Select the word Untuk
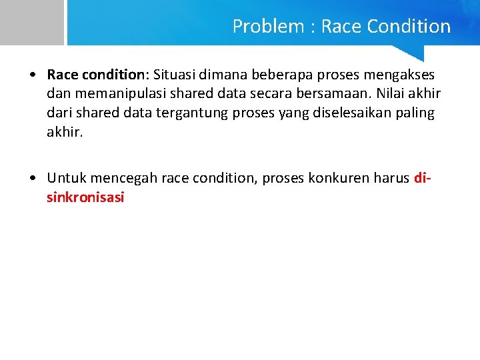click(66, 178)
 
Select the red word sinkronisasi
click(85, 197)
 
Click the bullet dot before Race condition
click(33, 75)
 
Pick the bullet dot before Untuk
click(33, 179)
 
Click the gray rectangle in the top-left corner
click(31, 22)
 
